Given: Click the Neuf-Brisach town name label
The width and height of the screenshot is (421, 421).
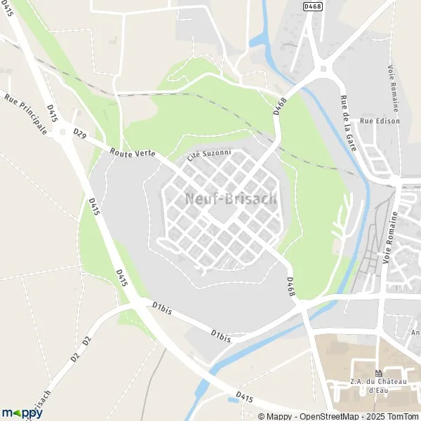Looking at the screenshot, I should coord(231,199).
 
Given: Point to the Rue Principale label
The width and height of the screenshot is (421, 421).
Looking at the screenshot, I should coord(26,115).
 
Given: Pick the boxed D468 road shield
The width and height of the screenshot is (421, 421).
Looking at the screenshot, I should coord(312,6).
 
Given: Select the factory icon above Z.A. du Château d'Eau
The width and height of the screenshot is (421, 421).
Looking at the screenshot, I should coord(379,373).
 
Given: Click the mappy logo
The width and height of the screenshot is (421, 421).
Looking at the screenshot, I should coord(22,413).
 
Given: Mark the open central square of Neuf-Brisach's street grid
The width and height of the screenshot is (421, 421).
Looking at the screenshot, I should coord(223,212).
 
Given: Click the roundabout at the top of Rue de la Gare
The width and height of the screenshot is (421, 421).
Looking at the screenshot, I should coord(323,68).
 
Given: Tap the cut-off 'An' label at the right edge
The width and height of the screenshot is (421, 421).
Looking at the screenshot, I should coord(415,332).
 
